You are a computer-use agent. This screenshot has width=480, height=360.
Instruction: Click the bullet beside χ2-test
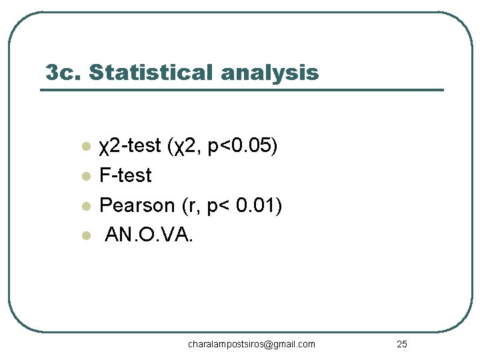(85, 147)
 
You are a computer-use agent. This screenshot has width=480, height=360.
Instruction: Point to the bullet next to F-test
(85, 177)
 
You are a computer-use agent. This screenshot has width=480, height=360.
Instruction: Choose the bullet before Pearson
(85, 207)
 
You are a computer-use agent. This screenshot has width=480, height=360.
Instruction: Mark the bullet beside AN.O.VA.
(85, 236)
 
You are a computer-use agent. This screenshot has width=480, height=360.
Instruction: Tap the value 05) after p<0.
(262, 146)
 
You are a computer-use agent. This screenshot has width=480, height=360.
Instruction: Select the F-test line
(125, 176)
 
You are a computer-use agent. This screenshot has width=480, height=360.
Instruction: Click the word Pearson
(137, 206)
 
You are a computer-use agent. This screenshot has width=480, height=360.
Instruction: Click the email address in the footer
(251, 344)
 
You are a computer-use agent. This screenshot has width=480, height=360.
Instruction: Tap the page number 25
(401, 344)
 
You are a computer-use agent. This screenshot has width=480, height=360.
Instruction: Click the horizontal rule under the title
(242, 89)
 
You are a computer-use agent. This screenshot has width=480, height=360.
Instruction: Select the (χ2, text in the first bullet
(185, 146)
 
